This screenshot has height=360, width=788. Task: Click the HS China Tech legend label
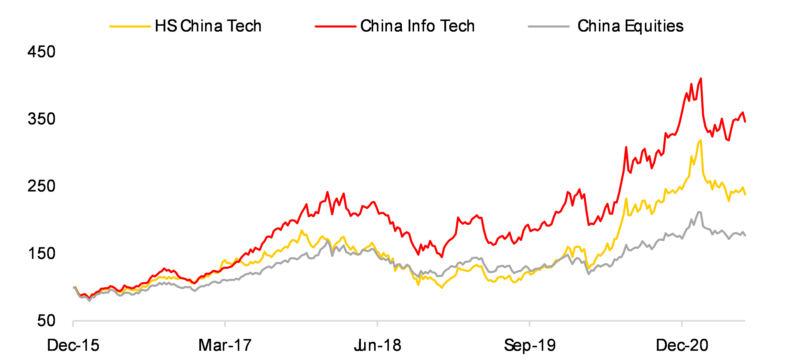point(208,26)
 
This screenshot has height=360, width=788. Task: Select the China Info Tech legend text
point(417,26)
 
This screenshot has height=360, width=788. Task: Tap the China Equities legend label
point(630,26)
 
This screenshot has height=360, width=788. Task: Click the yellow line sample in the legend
point(130,27)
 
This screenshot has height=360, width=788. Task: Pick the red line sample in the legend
point(336,27)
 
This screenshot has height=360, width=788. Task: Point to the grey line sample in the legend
point(548,27)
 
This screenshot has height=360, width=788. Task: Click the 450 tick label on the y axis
point(42,52)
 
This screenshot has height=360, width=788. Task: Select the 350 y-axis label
point(42,119)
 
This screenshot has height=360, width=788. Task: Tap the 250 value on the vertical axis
point(42,186)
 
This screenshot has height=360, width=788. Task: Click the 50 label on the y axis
point(46,321)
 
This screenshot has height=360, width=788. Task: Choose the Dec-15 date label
point(73,345)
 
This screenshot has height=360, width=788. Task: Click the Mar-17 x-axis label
point(225,345)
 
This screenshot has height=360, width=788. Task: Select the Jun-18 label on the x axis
point(377,345)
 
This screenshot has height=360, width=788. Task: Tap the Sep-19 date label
point(529,345)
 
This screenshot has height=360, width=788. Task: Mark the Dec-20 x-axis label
point(682,345)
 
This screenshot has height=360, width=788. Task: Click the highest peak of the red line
point(701,79)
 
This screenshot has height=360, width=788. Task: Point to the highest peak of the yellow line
point(701,140)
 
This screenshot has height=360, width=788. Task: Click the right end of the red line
point(745,122)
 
